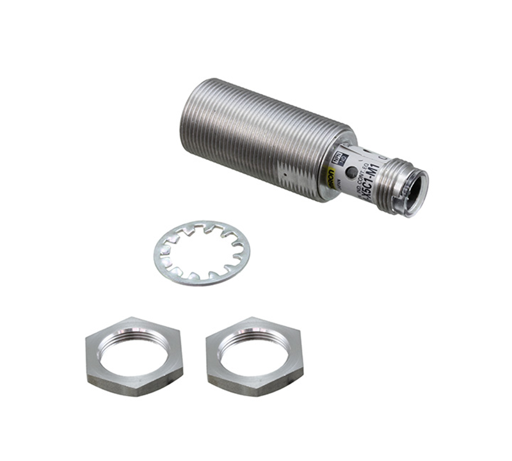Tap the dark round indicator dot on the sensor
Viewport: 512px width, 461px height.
pos(350,172)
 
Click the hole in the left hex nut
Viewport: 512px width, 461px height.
pos(132,349)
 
